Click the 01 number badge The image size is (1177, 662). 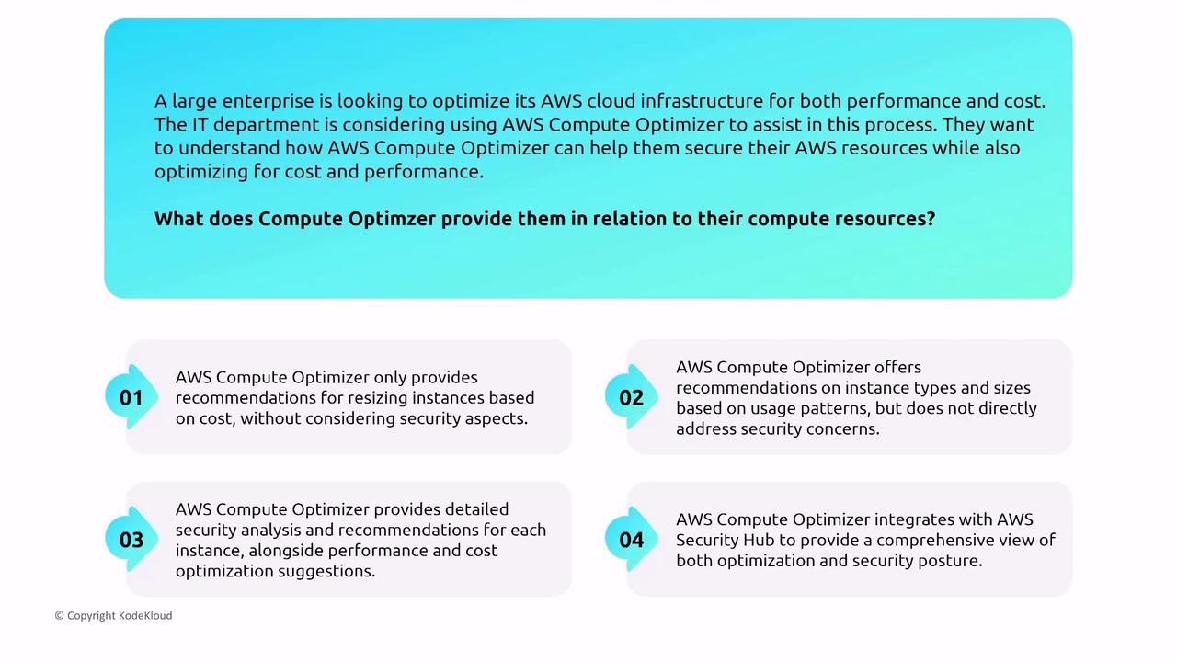131,397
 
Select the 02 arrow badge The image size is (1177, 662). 631,397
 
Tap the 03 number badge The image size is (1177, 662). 131,540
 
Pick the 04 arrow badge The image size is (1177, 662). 631,540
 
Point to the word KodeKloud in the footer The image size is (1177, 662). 145,615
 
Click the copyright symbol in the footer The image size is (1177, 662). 60,616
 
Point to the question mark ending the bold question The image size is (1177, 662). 931,218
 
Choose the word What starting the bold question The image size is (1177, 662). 178,218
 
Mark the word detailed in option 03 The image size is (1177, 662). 476,509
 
